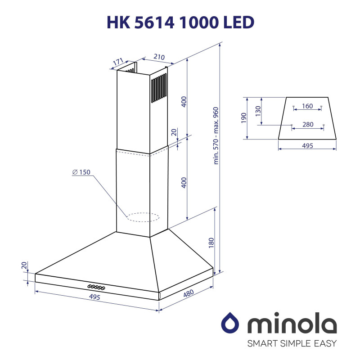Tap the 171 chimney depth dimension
click(x=118, y=61)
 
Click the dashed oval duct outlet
click(x=143, y=218)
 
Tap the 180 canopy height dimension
click(x=211, y=243)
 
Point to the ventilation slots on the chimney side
click(x=158, y=87)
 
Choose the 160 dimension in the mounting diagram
click(x=307, y=107)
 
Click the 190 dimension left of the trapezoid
click(x=243, y=118)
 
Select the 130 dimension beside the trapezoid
click(x=257, y=111)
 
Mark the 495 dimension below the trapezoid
click(x=307, y=146)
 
